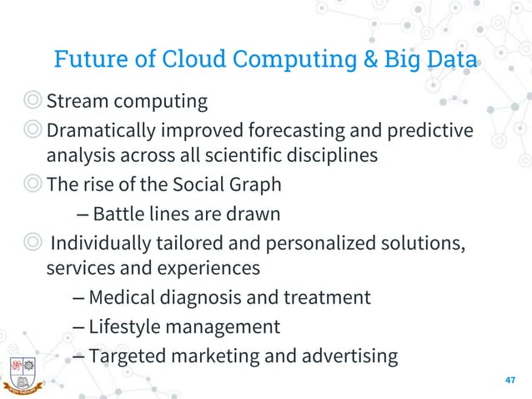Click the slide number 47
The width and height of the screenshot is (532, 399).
click(511, 380)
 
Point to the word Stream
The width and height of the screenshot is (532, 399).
click(76, 102)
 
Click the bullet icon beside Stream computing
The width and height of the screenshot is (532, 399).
click(31, 103)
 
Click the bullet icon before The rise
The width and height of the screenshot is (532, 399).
click(31, 185)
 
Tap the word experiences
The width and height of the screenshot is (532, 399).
click(210, 268)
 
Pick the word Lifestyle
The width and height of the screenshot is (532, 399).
click(124, 326)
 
